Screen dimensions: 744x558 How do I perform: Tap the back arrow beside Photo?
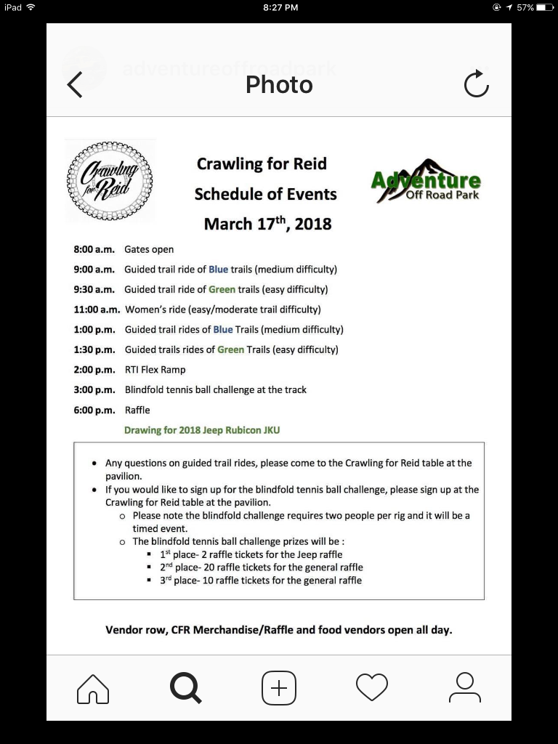pos(75,85)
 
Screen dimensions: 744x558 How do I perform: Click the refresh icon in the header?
pos(477,85)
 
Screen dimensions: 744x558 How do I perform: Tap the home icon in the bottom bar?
pos(93,687)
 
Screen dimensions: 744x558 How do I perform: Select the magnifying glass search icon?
pos(185,687)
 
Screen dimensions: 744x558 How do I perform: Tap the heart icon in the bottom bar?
pos(371,687)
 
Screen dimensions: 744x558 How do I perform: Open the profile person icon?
pos(464,687)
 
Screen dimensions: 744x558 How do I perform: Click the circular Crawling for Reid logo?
pos(110,179)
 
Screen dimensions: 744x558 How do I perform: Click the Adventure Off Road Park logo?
pos(426,180)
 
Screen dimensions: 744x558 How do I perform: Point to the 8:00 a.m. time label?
pos(94,249)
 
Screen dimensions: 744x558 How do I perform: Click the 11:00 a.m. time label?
pos(97,310)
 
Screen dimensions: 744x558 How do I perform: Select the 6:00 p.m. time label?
pos(94,410)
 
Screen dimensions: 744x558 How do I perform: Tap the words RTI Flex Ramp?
pos(155,370)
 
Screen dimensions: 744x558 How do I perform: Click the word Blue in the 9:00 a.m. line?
pos(218,270)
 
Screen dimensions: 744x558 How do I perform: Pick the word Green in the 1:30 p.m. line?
pos(231,349)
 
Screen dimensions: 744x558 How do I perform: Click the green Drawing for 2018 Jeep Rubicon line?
pos(202,430)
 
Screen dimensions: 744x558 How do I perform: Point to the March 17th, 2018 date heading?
pos(267,223)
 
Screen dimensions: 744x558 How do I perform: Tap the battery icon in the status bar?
pos(545,7)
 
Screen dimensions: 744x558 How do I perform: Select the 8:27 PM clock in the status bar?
pos(279,7)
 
